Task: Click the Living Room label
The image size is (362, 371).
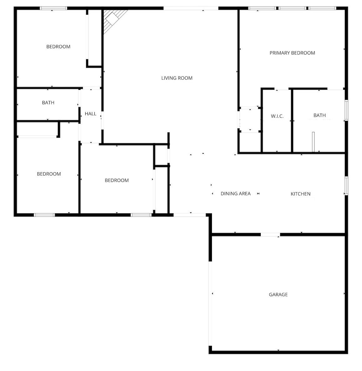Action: click(x=177, y=78)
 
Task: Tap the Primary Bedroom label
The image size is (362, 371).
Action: click(x=292, y=53)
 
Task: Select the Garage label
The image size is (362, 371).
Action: click(x=278, y=295)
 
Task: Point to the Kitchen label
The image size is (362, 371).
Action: click(x=300, y=194)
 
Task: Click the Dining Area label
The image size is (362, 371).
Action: click(x=235, y=193)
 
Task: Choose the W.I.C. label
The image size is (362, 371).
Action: click(x=277, y=116)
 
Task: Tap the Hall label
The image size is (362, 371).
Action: click(x=91, y=114)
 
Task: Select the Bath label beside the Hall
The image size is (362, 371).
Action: click(x=48, y=102)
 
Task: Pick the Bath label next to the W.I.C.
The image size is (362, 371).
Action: click(x=319, y=115)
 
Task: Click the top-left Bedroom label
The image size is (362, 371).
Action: click(x=58, y=47)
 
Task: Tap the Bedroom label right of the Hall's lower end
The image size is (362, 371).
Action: click(x=117, y=180)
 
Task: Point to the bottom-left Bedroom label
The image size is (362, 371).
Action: click(x=49, y=174)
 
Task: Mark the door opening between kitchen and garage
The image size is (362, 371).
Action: click(x=270, y=234)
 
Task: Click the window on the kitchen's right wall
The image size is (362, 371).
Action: click(x=346, y=185)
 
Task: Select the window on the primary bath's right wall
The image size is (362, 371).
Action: click(x=346, y=110)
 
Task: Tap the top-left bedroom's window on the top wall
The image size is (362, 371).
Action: click(x=53, y=8)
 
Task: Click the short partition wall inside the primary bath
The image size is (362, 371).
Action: click(x=313, y=142)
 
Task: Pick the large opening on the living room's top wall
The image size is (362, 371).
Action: click(x=191, y=8)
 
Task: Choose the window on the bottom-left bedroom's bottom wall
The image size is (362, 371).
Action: click(x=44, y=215)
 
